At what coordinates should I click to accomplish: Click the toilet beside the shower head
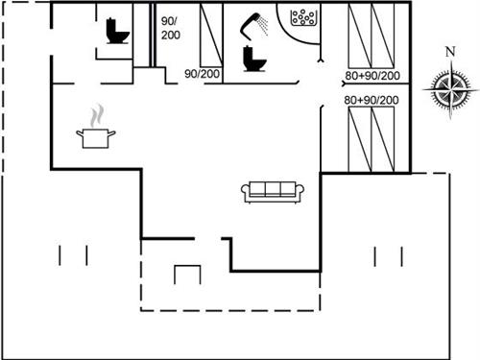[x=253, y=59]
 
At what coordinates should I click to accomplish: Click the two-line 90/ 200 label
[x=169, y=27]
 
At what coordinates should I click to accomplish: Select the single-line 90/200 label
[x=201, y=73]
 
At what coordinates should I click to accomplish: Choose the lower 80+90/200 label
[x=372, y=100]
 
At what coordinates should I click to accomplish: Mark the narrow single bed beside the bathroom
[x=210, y=36]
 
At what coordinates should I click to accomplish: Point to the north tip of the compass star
[x=451, y=65]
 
